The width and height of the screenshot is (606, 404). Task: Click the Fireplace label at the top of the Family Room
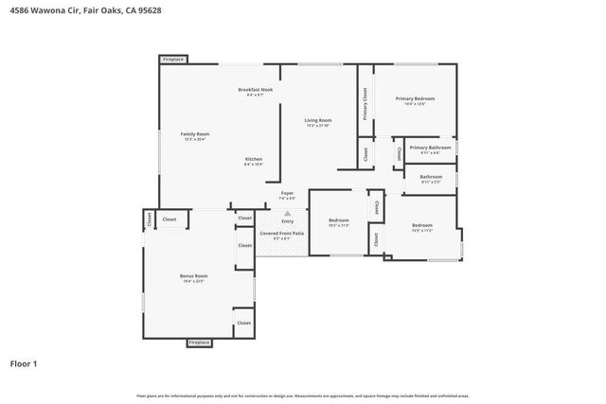173,60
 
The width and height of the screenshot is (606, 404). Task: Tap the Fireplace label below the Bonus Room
199,343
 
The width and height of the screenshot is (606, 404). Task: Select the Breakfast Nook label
255,89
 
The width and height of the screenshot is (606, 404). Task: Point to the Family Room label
195,134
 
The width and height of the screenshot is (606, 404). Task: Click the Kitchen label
254,159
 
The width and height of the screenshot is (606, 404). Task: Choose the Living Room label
317,120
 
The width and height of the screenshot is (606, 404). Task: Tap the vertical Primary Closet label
365,103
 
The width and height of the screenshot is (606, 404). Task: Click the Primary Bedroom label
416,98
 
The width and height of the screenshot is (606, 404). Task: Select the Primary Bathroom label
430,148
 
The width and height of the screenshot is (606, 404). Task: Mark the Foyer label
287,193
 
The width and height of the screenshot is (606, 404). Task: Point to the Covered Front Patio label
282,233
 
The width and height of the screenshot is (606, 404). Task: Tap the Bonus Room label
193,275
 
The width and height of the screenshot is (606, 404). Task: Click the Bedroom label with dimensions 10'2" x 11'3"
339,220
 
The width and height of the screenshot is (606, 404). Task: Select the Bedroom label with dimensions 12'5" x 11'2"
421,225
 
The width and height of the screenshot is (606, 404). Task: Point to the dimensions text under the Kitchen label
254,165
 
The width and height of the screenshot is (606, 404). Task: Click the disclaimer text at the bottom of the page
302,395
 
